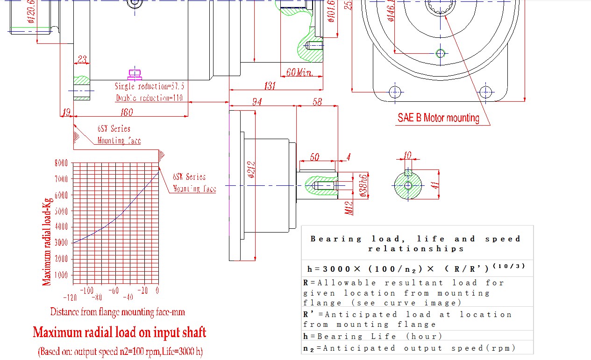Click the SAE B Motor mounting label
(438, 118)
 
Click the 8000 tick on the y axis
(62, 163)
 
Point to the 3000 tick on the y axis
(62, 242)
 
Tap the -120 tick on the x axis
(70, 297)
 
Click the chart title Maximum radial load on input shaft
(119, 332)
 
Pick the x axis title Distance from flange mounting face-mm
(117, 312)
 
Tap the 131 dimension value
(270, 86)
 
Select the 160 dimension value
(126, 112)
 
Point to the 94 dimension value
(257, 102)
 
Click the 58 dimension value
(317, 102)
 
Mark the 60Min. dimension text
(303, 72)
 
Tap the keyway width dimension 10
(408, 155)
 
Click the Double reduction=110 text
(149, 98)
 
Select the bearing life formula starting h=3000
(416, 268)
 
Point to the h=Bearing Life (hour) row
(372, 336)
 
